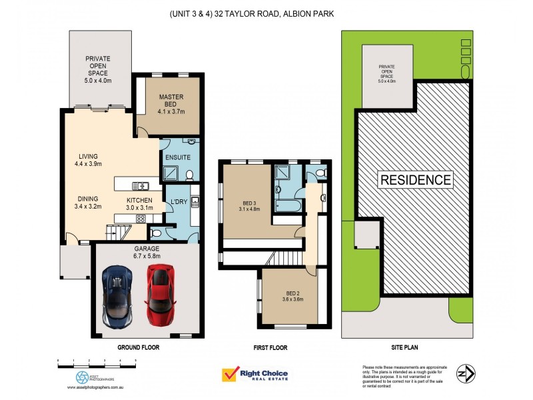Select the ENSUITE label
178,158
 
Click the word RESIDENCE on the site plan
416,179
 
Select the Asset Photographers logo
82,377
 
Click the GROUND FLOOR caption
139,347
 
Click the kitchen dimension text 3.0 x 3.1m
140,208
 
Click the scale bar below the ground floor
97,362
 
